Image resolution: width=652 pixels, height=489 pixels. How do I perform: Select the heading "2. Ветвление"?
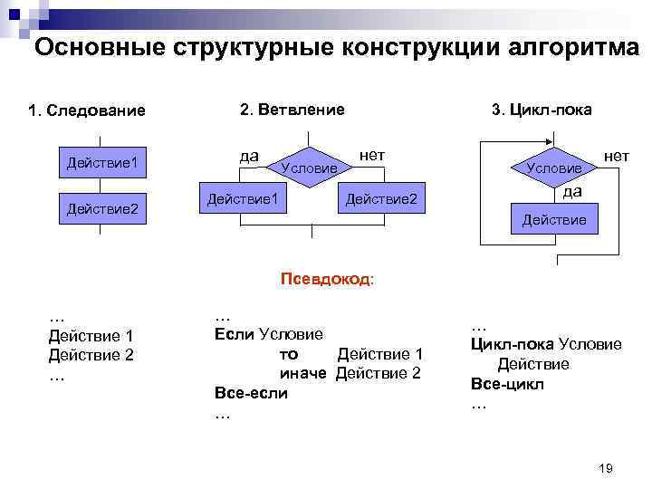click(x=292, y=110)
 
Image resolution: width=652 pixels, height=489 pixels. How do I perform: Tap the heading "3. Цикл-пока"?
click(x=542, y=110)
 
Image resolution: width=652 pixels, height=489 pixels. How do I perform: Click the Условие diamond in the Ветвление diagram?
click(x=310, y=168)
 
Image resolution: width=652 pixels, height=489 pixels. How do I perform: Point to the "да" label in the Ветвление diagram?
click(x=249, y=155)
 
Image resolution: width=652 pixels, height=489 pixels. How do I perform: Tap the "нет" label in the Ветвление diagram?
click(x=372, y=155)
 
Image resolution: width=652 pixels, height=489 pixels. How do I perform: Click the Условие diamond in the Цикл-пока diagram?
click(x=554, y=168)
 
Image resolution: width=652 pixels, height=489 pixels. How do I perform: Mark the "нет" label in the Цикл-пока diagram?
click(x=617, y=156)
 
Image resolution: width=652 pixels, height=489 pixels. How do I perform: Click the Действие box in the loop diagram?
click(x=553, y=220)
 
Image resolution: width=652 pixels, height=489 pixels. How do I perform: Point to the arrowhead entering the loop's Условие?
click(x=553, y=143)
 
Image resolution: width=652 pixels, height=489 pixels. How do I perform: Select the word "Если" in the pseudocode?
click(x=235, y=334)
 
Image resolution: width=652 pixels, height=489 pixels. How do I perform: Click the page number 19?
click(x=606, y=467)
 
